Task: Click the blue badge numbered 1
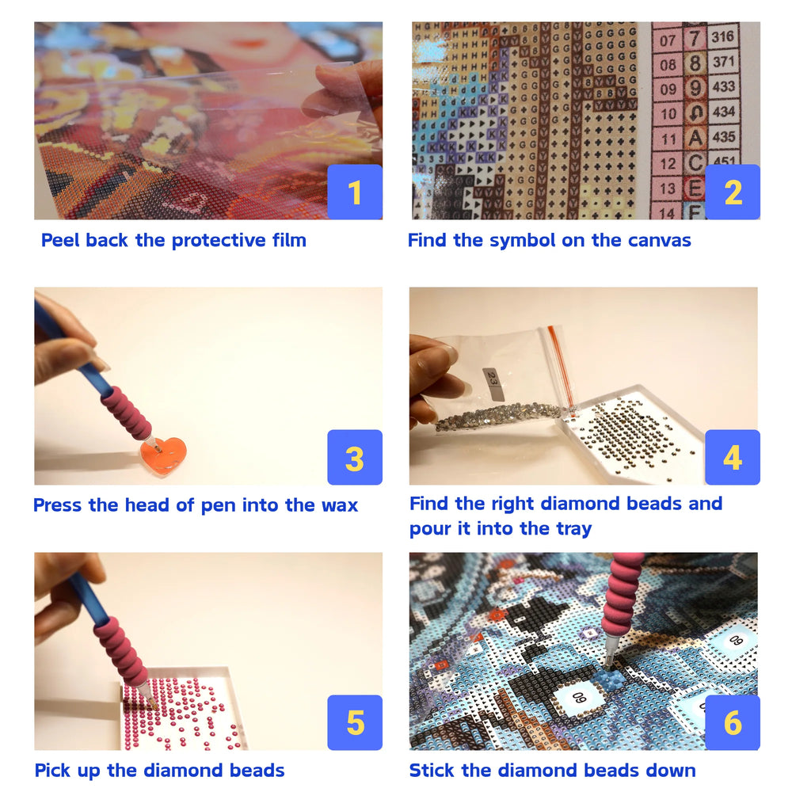tap(355, 192)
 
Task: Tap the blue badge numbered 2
tap(733, 192)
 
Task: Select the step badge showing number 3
tap(355, 458)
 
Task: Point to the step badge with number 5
tap(355, 722)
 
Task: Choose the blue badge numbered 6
tap(733, 722)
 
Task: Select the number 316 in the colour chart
tap(722, 36)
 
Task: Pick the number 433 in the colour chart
tap(722, 86)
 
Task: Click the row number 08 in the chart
tap(668, 64)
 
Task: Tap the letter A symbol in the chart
tap(695, 138)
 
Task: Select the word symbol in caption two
tap(524, 240)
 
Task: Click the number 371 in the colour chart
tap(722, 62)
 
